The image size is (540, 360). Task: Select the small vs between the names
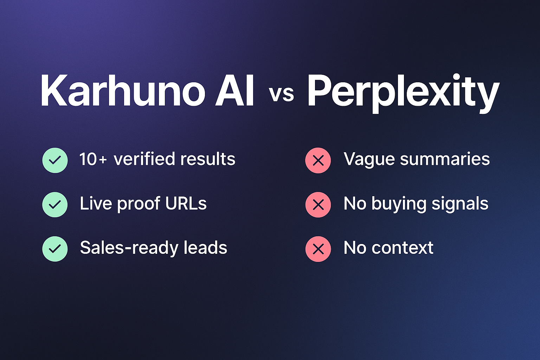[281, 94]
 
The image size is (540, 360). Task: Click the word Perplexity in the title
[403, 92]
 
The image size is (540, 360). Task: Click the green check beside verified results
[55, 160]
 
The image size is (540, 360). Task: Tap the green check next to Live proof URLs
[55, 205]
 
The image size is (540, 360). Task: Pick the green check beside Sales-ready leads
[55, 249]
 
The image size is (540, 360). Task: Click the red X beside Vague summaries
[318, 160]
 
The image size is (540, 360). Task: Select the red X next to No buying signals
[318, 205]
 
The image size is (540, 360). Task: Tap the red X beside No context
[318, 249]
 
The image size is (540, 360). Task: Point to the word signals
[460, 204]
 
